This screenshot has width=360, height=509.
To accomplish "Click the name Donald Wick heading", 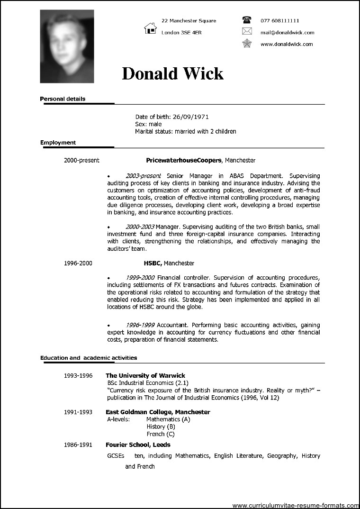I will pyautogui.click(x=172, y=73).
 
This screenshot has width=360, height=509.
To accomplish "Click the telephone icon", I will pyautogui.click(x=246, y=20).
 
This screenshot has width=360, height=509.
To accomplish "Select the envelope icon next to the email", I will pyautogui.click(x=246, y=32).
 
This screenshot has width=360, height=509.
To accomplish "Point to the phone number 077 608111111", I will pyautogui.click(x=279, y=21).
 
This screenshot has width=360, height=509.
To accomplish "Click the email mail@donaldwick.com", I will pyautogui.click(x=287, y=33).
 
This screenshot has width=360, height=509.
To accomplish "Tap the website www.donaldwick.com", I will pyautogui.click(x=286, y=44).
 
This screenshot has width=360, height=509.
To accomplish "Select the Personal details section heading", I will pyautogui.click(x=63, y=99).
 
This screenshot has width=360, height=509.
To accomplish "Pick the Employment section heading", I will pyautogui.click(x=58, y=142).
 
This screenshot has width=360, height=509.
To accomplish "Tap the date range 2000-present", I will pyautogui.click(x=81, y=161).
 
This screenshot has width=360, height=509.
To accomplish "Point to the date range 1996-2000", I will pyautogui.click(x=78, y=263).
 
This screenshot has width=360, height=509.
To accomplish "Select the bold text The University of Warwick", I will pyautogui.click(x=145, y=375).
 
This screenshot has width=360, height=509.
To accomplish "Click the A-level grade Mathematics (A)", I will pyautogui.click(x=168, y=419).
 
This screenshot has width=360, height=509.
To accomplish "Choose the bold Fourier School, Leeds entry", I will pyautogui.click(x=138, y=445).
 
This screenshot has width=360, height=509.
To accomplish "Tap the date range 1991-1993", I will pyautogui.click(x=78, y=412).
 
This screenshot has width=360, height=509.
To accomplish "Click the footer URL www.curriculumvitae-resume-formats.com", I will pyautogui.click(x=295, y=504).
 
